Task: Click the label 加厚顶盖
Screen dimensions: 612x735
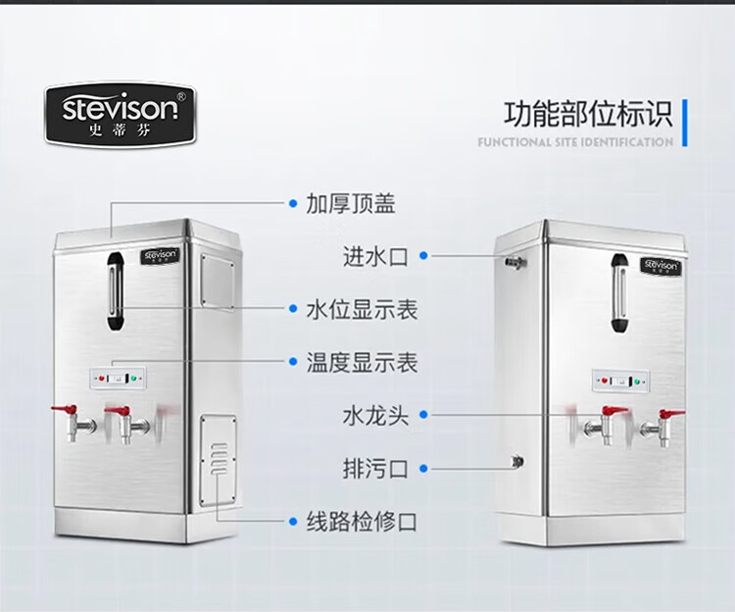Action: pyautogui.click(x=351, y=203)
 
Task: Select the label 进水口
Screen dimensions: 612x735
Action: pyautogui.click(x=374, y=257)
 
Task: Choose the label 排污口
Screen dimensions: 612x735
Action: pyautogui.click(x=374, y=468)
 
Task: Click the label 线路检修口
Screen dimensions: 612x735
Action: pyautogui.click(x=362, y=521)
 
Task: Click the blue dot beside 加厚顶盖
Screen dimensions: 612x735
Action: pyautogui.click(x=292, y=203)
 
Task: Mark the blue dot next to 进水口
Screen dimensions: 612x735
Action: pyautogui.click(x=423, y=257)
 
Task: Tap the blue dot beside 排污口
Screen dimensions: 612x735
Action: pyautogui.click(x=423, y=468)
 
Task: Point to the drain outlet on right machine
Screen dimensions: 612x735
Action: pyautogui.click(x=516, y=460)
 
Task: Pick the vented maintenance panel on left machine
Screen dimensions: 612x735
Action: pyautogui.click(x=220, y=461)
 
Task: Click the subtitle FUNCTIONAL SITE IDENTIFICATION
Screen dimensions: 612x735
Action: pyautogui.click(x=575, y=142)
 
